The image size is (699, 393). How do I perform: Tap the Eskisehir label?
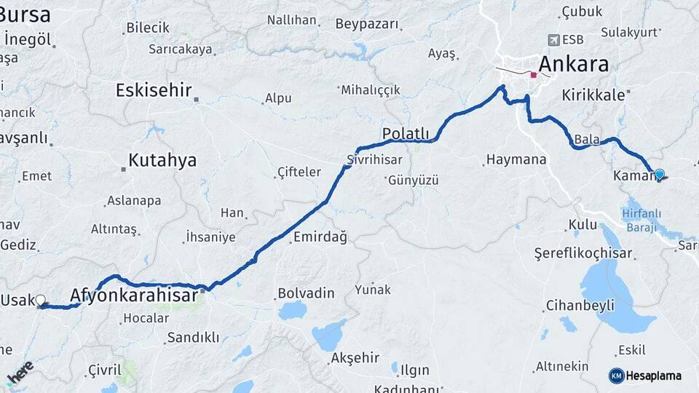(154, 90)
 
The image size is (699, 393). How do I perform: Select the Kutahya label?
(162, 160)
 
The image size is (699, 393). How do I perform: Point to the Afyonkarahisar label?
(133, 295)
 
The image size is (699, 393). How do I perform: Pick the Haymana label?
(516, 159)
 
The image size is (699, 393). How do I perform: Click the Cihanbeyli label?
(580, 304)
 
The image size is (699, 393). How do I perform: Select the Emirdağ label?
(320, 237)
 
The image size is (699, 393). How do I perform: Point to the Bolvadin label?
(305, 293)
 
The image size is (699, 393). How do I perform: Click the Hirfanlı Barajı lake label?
(641, 219)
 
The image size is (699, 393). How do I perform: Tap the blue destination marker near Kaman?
(659, 174)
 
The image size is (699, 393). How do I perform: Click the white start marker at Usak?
(40, 300)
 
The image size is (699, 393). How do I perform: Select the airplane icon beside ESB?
(553, 39)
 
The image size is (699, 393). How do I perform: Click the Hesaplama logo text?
(654, 376)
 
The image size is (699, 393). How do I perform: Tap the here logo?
(20, 373)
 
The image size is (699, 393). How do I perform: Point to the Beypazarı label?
(368, 24)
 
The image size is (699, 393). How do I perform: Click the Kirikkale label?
(593, 95)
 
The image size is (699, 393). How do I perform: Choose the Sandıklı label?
(193, 337)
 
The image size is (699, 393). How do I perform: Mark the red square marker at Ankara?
(534, 74)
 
